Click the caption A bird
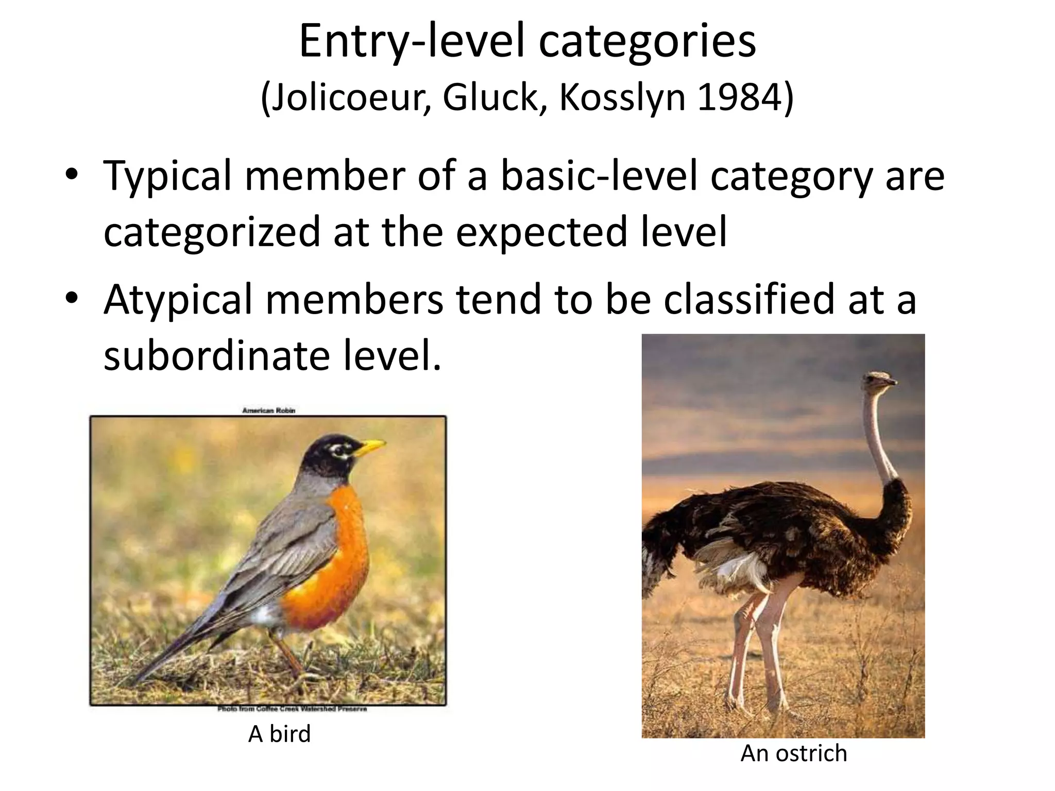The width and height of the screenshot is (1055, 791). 279,734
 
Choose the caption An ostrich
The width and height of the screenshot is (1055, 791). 793,753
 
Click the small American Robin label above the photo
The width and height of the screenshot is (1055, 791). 268,410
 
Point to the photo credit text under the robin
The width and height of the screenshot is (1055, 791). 292,709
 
